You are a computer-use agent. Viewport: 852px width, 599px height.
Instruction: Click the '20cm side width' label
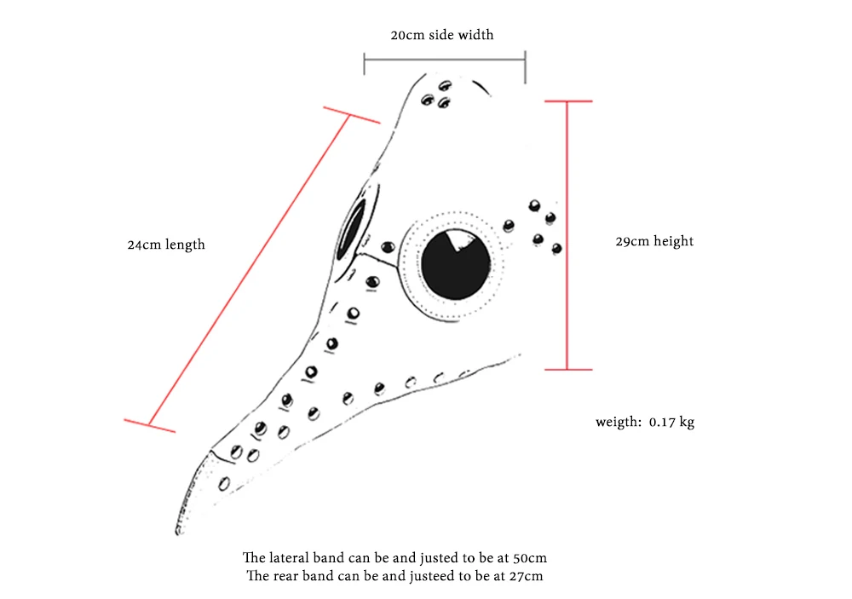click(441, 35)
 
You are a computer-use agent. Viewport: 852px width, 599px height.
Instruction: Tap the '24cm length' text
click(166, 245)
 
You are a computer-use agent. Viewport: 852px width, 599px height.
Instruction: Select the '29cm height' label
click(654, 241)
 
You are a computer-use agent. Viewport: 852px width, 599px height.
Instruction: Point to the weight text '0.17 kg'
click(671, 422)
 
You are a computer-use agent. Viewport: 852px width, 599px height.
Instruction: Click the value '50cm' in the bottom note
click(530, 558)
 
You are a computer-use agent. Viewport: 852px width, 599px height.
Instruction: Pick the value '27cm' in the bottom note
click(526, 576)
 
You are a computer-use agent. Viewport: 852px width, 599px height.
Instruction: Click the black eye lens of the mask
click(455, 264)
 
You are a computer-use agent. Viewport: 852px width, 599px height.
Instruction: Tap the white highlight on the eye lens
click(459, 239)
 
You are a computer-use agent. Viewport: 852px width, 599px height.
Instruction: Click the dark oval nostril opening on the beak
click(351, 228)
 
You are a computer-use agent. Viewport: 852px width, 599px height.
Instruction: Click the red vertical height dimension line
click(567, 235)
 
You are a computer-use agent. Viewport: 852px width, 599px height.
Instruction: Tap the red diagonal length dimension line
click(249, 270)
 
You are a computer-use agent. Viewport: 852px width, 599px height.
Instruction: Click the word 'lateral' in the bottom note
click(289, 558)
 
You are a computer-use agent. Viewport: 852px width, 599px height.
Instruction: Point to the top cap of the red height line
click(568, 101)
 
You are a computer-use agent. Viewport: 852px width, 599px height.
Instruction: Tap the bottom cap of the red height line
click(568, 370)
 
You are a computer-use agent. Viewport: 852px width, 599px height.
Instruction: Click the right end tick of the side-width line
click(525, 67)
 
